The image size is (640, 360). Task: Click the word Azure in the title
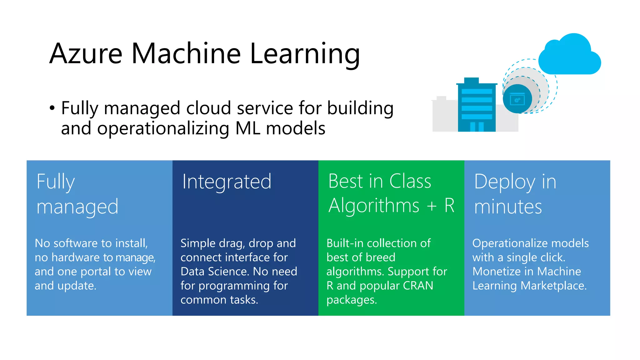pos(86,54)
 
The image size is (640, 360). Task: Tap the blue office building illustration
pos(476,106)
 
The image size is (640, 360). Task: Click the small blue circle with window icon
pos(517,99)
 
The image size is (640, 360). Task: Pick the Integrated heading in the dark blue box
pos(227,182)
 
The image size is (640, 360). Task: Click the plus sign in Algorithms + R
pos(432,206)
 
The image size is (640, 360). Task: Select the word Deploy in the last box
pos(504,182)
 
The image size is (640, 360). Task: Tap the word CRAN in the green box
pos(418,286)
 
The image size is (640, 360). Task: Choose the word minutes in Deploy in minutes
pos(508,207)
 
